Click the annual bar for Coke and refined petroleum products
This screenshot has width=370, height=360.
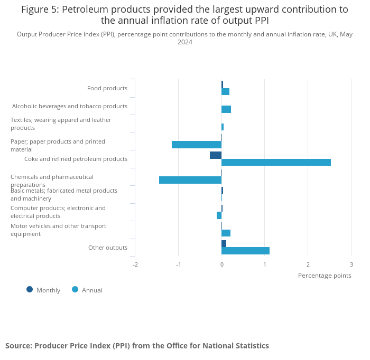click(x=276, y=163)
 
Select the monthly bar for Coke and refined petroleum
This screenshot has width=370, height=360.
click(x=216, y=155)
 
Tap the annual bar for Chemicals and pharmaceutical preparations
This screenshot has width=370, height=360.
click(x=190, y=180)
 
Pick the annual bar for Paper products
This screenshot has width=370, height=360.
click(x=197, y=145)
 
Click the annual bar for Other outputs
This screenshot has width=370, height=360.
click(x=245, y=251)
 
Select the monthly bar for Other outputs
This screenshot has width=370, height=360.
click(x=224, y=243)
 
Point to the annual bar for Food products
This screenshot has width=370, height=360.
click(x=225, y=92)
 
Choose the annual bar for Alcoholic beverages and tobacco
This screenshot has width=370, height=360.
click(x=226, y=109)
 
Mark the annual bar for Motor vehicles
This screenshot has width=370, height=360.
click(x=226, y=233)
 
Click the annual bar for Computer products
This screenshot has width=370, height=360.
click(x=219, y=215)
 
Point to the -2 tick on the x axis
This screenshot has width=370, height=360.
click(x=135, y=264)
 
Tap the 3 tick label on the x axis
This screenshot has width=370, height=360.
click(x=351, y=264)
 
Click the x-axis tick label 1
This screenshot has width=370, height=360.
click(x=265, y=264)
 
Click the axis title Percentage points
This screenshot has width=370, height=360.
click(x=324, y=275)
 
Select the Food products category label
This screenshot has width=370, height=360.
click(x=107, y=88)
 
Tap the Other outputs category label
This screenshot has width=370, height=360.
click(x=108, y=248)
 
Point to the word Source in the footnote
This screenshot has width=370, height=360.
click(x=18, y=346)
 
